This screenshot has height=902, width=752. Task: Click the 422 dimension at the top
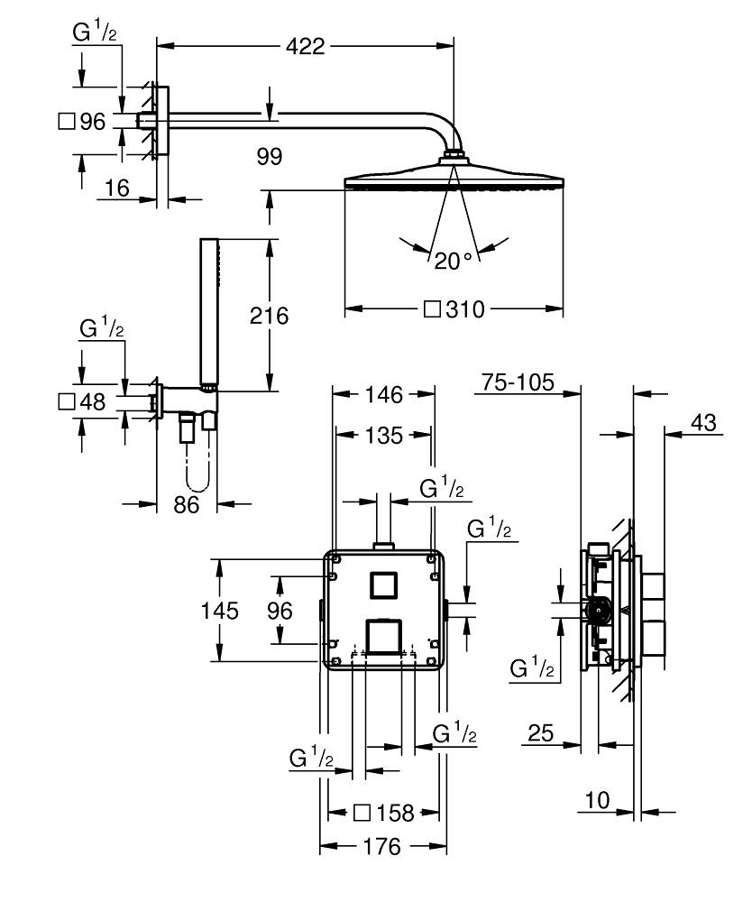pyautogui.click(x=306, y=47)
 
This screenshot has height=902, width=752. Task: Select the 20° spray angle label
pyautogui.click(x=454, y=262)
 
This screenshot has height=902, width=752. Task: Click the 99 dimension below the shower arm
pyautogui.click(x=269, y=157)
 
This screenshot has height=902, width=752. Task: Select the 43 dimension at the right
pyautogui.click(x=707, y=421)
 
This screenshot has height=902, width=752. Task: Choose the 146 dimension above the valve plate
pyautogui.click(x=383, y=393)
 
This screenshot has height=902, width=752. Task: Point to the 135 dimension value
pyautogui.click(x=383, y=436)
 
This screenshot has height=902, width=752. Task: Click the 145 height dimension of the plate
pyautogui.click(x=220, y=611)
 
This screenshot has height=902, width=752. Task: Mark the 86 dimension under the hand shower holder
pyautogui.click(x=186, y=505)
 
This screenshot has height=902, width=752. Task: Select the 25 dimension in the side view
pyautogui.click(x=539, y=733)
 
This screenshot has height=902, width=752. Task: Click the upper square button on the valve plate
pyautogui.click(x=384, y=584)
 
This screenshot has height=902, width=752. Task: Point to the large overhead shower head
pyautogui.click(x=456, y=179)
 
